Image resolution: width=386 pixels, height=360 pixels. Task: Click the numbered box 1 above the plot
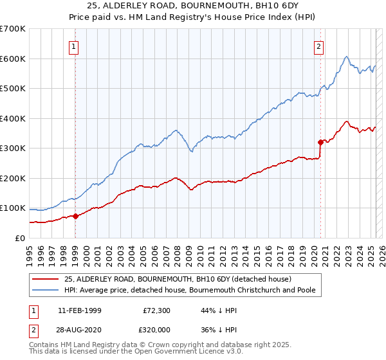coord(75,46)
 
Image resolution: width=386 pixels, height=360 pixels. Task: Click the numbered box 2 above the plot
coord(318,46)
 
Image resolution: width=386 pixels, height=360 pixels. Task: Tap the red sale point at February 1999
coord(75,216)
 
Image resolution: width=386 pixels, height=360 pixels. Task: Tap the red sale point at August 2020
coord(320,142)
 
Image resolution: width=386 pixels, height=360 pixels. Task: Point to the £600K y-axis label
coord(12,59)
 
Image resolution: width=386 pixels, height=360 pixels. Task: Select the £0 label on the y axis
coord(20,238)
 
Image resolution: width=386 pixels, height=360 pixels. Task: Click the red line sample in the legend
coord(44,279)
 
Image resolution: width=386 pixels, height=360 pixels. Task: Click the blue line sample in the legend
coord(44,290)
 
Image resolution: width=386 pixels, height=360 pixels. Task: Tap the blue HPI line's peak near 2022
coord(346,57)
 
